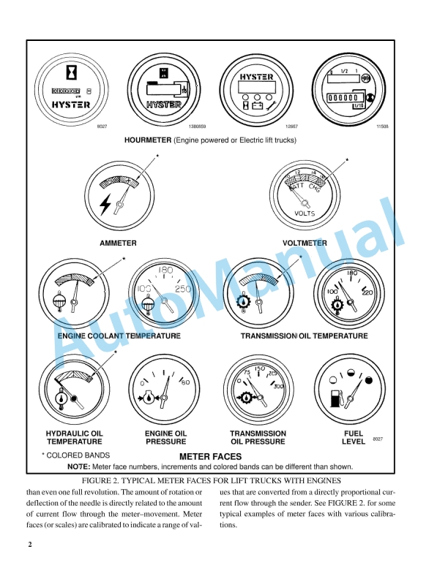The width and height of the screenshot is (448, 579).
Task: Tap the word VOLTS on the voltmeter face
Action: point(305,213)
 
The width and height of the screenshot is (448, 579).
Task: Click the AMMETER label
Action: point(118,243)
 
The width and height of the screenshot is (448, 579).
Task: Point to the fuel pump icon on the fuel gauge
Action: point(337,398)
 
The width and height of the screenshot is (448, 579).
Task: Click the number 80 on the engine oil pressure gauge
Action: point(185,382)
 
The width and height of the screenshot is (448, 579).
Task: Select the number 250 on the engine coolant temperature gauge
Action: point(184,289)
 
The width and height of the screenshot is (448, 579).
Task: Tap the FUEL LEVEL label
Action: point(354,437)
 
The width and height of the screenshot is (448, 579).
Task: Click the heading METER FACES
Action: point(210,456)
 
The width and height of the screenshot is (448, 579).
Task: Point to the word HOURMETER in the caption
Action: point(147,140)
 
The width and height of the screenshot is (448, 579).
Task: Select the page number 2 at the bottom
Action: point(31,545)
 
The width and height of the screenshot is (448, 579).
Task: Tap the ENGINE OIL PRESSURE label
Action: point(165,437)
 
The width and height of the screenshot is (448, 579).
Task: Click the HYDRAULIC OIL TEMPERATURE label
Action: point(74,437)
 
